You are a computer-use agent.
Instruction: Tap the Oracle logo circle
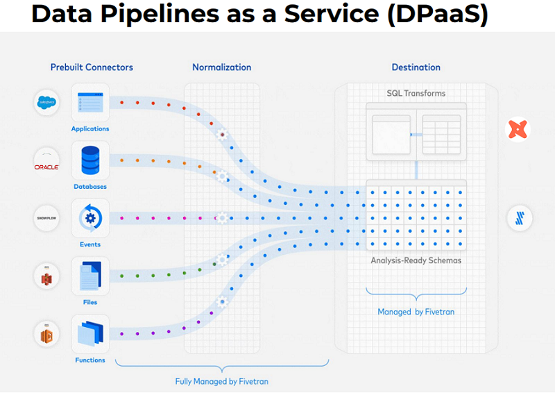pos(47,161)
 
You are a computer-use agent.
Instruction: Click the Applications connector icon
pos(90,103)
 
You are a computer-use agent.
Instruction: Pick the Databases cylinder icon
pos(90,160)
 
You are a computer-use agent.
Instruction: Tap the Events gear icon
pos(90,218)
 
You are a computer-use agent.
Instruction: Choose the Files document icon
pos(90,276)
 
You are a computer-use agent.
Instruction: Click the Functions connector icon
pos(90,333)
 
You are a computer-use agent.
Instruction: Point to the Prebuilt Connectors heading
pos(92,67)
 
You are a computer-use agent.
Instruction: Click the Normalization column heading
pos(222,67)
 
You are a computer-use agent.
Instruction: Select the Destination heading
pos(416,67)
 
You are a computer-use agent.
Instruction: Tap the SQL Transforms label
pos(416,93)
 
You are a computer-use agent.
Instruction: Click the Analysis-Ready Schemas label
pos(416,260)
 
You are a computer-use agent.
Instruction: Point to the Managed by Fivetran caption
pos(416,312)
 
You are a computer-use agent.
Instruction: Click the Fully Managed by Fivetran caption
pos(222,381)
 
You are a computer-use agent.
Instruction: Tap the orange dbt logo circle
pos(518,129)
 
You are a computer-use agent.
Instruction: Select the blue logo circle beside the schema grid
pos(518,218)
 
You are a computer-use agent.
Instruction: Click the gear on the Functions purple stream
pos(223,302)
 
